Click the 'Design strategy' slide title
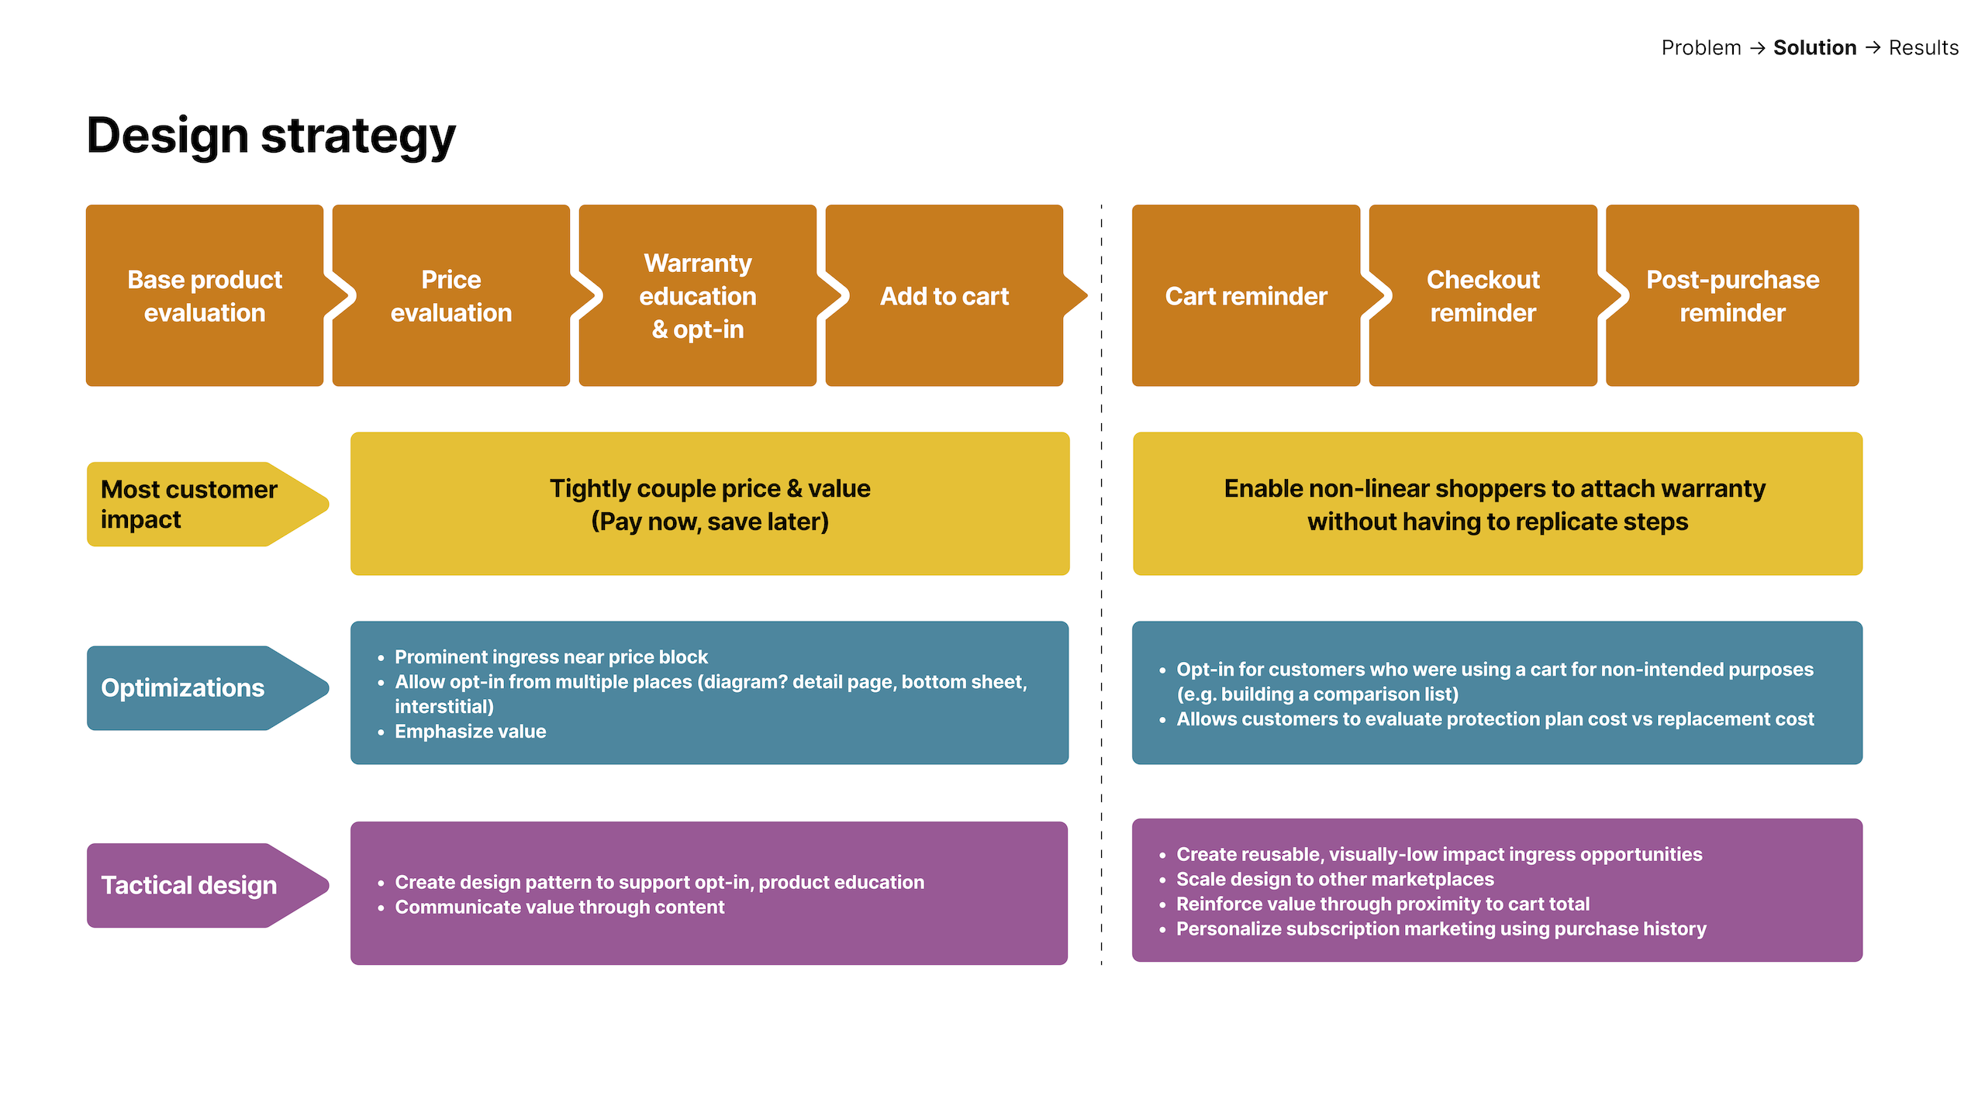pyautogui.click(x=271, y=136)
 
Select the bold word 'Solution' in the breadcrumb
pyautogui.click(x=1814, y=48)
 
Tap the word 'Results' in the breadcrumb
pyautogui.click(x=1923, y=48)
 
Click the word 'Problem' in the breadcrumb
pyautogui.click(x=1700, y=48)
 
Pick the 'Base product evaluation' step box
pyautogui.click(x=205, y=296)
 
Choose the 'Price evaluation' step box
pyautogui.click(x=451, y=296)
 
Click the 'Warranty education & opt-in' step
pyautogui.click(x=698, y=296)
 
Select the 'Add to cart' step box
pyautogui.click(x=944, y=296)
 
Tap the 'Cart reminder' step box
pyautogui.click(x=1245, y=296)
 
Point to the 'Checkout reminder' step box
pyautogui.click(x=1483, y=296)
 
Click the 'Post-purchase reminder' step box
pyautogui.click(x=1732, y=296)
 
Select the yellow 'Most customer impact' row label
pyautogui.click(x=189, y=505)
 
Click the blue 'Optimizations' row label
pyautogui.click(x=183, y=688)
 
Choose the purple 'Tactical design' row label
pyautogui.click(x=189, y=885)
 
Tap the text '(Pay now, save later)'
pyautogui.click(x=709, y=522)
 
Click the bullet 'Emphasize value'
pyautogui.click(x=470, y=732)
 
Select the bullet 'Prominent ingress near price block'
pyautogui.click(x=551, y=657)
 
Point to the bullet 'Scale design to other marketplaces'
pyautogui.click(x=1334, y=879)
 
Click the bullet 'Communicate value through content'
pyautogui.click(x=559, y=907)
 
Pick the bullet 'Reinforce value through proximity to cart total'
pyautogui.click(x=1383, y=904)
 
